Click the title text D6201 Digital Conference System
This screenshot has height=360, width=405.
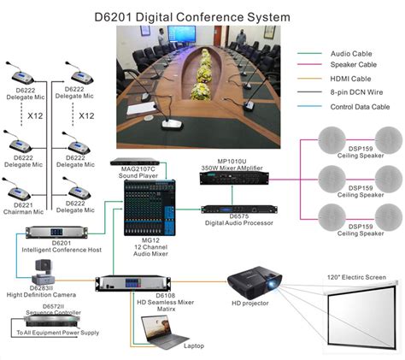[203, 15]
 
